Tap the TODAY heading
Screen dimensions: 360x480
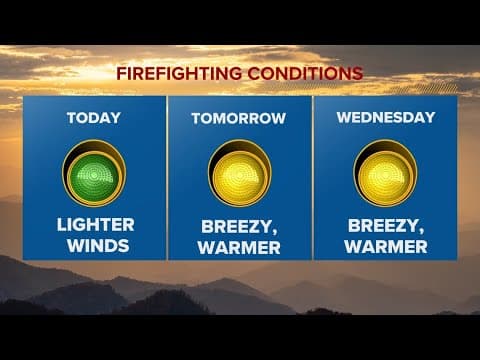(x=93, y=118)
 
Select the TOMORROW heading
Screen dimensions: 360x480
(x=238, y=118)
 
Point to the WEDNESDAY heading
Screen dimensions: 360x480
(x=385, y=118)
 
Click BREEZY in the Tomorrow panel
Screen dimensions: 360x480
(x=236, y=223)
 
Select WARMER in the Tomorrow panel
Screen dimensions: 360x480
(x=239, y=244)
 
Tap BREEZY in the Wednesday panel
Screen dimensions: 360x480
(x=382, y=223)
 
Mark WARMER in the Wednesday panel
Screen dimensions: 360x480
(x=385, y=244)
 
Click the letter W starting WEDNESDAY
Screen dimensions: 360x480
(x=343, y=118)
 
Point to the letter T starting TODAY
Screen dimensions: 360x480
(x=71, y=118)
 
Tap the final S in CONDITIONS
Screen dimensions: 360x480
(x=357, y=73)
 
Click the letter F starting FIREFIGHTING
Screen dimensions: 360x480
(x=121, y=73)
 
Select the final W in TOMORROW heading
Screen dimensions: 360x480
(x=279, y=118)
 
